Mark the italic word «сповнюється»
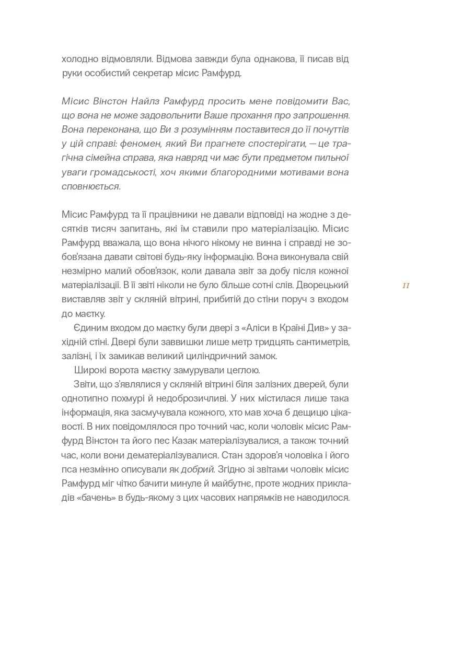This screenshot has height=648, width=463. pyautogui.click(x=90, y=186)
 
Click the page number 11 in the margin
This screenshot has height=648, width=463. pyautogui.click(x=406, y=286)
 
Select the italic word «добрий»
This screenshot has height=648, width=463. pyautogui.click(x=198, y=469)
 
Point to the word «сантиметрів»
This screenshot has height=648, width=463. pyautogui.click(x=322, y=342)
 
